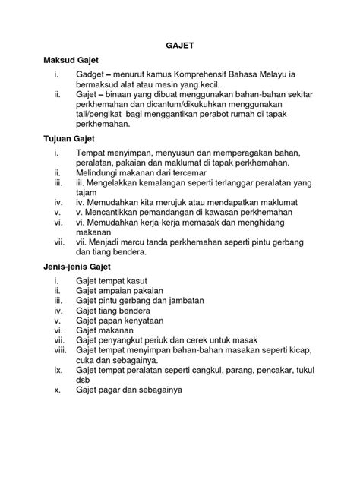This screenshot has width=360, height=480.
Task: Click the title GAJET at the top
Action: coord(180,46)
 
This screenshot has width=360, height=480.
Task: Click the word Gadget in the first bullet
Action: coord(93,75)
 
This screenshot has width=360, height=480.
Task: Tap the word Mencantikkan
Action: coord(118,214)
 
